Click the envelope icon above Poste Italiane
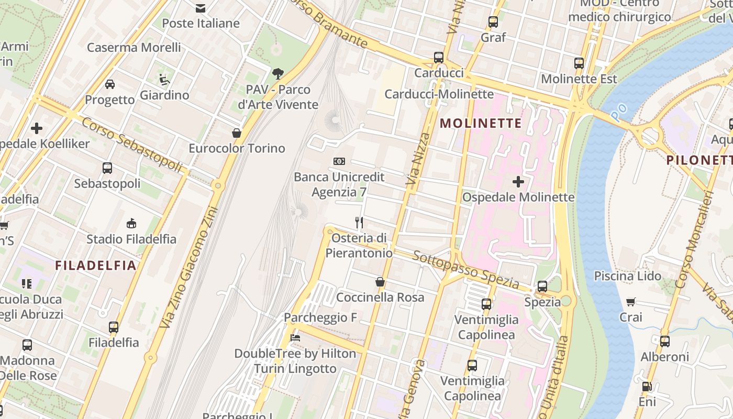(200, 8)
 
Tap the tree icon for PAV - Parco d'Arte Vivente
(278, 74)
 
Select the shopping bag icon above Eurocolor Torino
(237, 133)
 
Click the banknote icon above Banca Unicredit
(339, 161)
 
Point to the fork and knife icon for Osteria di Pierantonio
(359, 223)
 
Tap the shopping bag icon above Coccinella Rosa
(380, 282)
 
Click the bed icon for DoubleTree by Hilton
(295, 338)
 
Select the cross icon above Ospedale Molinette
(518, 182)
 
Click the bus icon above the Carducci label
(439, 58)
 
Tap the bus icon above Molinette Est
(579, 63)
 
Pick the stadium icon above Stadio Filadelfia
(131, 224)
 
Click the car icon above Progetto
(110, 84)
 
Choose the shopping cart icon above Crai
(631, 302)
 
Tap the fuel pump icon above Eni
(647, 387)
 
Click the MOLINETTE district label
(481, 124)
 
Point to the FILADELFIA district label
(96, 266)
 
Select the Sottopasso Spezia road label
(465, 271)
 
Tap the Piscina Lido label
(627, 276)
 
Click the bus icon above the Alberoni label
(664, 341)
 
